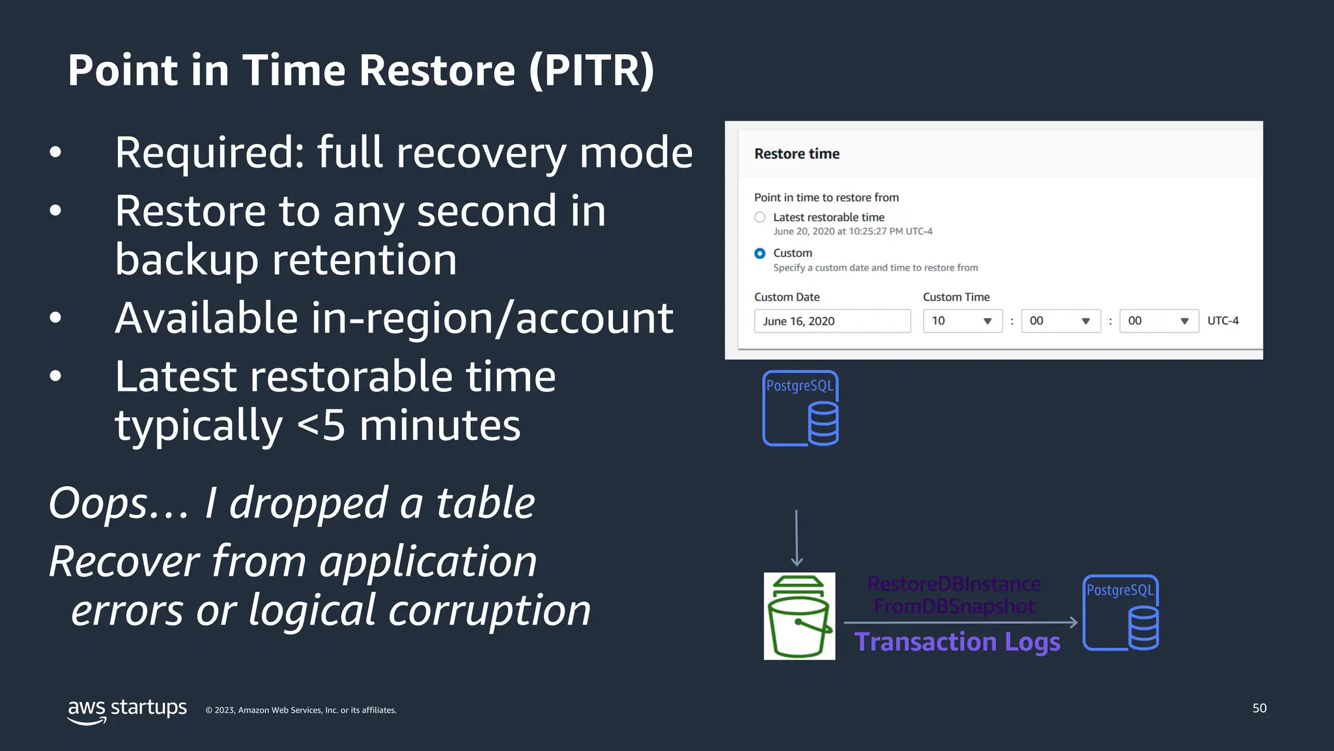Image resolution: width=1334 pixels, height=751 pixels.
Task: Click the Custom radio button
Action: [x=759, y=253]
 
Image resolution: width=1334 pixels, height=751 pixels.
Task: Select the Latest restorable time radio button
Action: [x=759, y=217]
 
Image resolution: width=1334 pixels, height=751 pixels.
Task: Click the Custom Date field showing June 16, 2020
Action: [x=832, y=321]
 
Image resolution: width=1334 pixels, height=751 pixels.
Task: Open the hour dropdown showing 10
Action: [x=962, y=321]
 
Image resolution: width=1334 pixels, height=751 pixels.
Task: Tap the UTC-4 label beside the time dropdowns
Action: [x=1223, y=321]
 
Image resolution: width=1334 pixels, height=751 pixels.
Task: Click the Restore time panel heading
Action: [x=797, y=154]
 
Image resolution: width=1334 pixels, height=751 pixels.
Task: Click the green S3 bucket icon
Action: [x=799, y=616]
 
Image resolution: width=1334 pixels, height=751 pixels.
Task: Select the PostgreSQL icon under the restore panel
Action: [x=801, y=408]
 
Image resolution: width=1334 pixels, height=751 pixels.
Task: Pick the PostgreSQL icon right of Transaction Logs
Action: [x=1120, y=613]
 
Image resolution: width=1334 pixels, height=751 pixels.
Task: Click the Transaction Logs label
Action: [x=957, y=642]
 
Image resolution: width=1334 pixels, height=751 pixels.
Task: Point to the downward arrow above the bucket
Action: [x=796, y=538]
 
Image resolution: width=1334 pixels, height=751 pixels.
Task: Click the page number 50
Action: [x=1259, y=708]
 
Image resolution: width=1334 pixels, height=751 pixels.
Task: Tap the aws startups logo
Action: [x=127, y=709]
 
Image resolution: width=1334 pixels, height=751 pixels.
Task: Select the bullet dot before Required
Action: [x=55, y=153]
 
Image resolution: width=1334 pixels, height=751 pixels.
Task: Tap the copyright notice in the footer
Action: [x=301, y=710]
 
